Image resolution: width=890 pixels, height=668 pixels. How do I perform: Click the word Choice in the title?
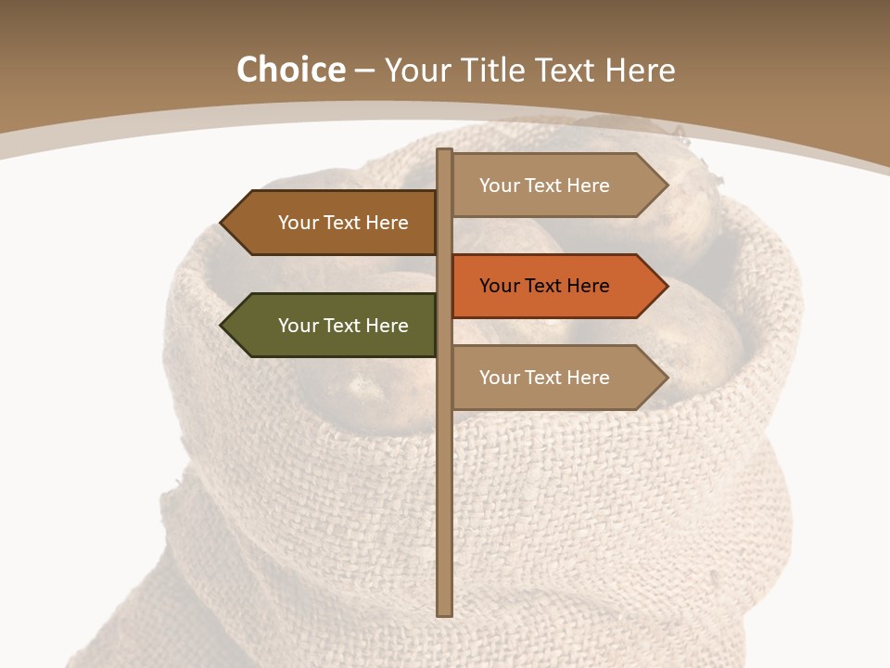point(290,71)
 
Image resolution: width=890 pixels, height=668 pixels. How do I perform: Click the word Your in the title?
point(417,71)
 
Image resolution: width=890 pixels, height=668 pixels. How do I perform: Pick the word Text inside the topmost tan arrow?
point(544,186)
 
